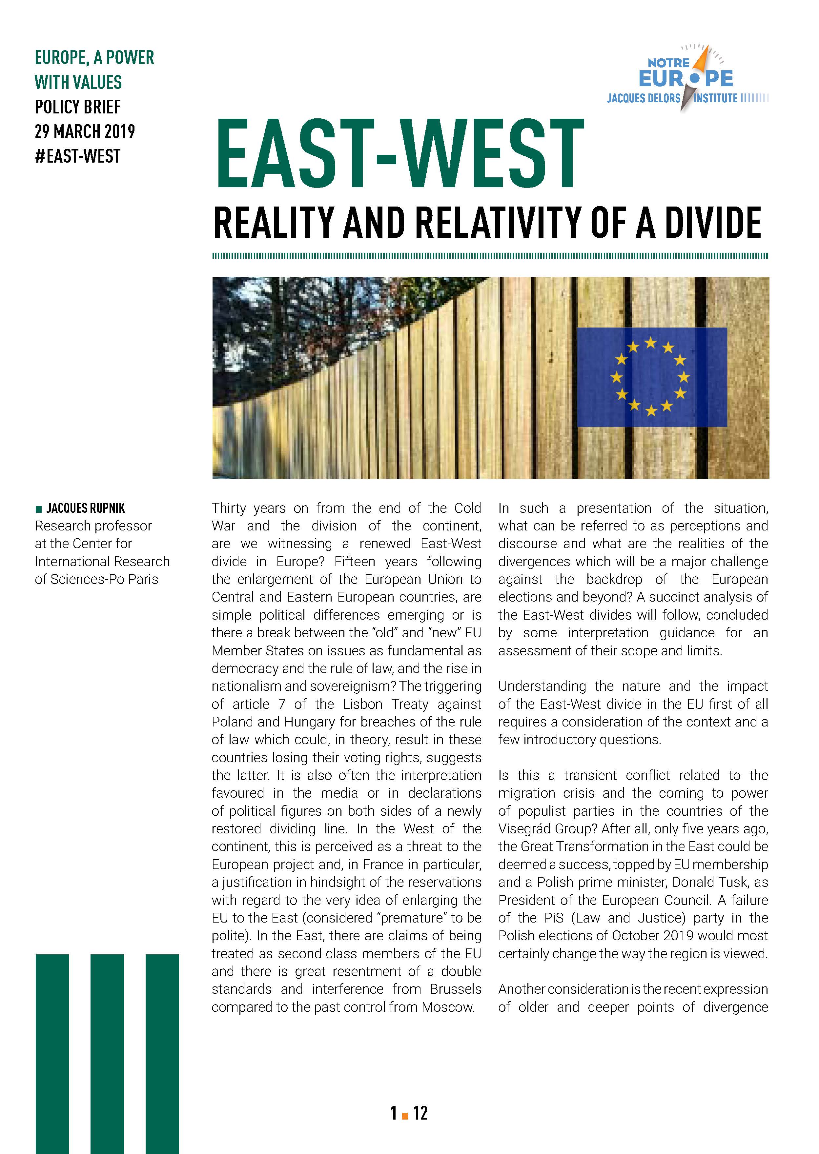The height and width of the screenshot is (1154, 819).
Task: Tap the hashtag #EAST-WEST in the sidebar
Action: (78, 156)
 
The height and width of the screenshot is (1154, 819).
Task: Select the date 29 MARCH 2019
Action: (85, 131)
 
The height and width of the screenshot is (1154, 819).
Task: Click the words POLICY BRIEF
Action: (78, 107)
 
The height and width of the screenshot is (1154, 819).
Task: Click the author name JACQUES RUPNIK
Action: (86, 508)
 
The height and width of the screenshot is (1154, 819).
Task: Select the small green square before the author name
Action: (39, 509)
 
